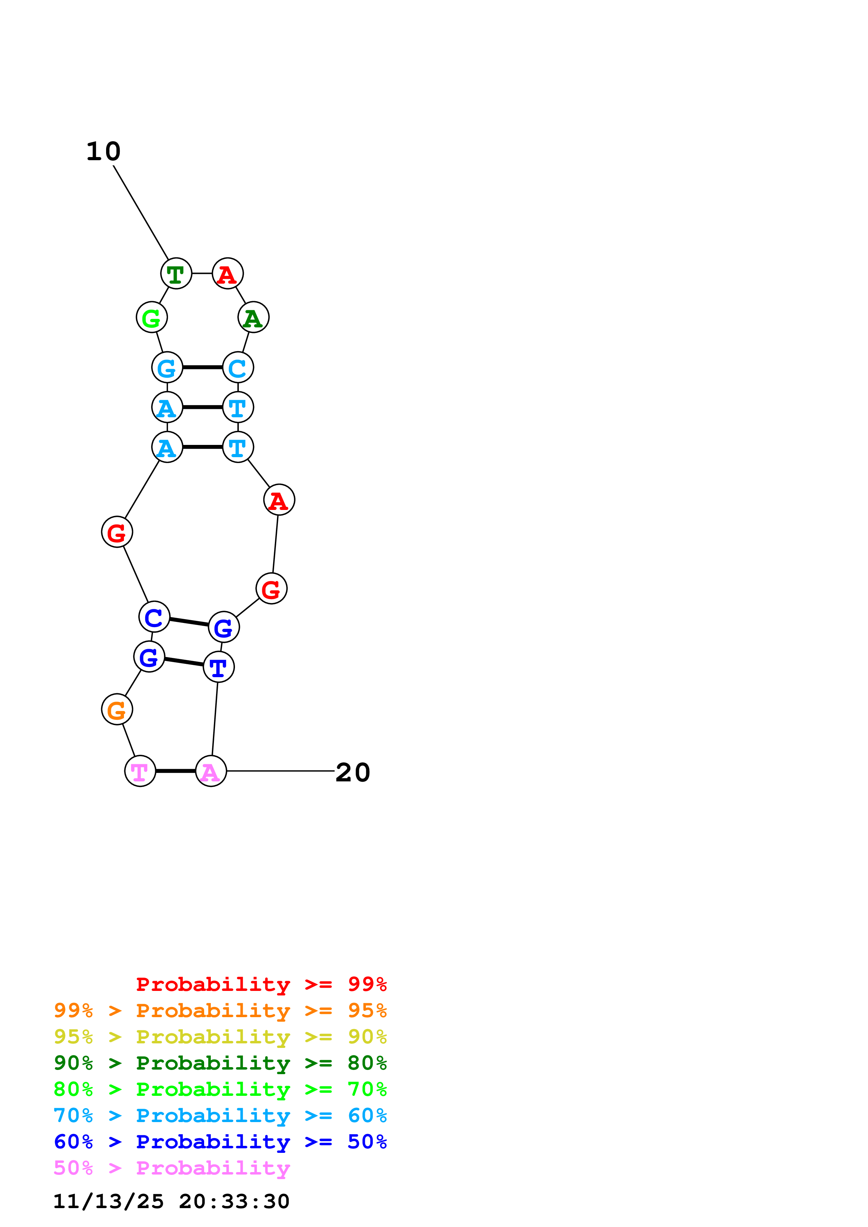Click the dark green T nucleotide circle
(x=176, y=273)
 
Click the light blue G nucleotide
(x=167, y=367)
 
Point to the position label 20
(x=353, y=772)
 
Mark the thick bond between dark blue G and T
(x=184, y=662)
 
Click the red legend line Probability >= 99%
(x=262, y=984)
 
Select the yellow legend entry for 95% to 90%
(x=220, y=1036)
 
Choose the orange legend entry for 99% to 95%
(x=220, y=1010)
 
